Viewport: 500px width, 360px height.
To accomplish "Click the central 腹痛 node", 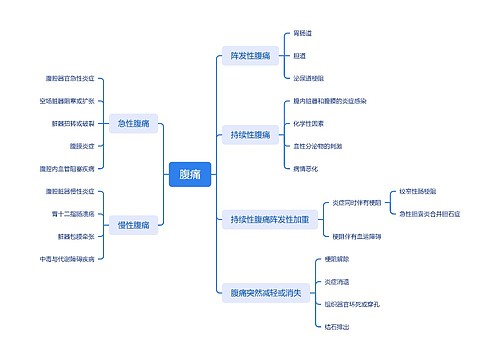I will (x=189, y=175).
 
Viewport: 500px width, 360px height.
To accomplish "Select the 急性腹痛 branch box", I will (x=133, y=124).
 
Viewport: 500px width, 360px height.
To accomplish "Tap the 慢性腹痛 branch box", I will (x=133, y=225).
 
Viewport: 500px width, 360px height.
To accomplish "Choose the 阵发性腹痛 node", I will (x=250, y=55).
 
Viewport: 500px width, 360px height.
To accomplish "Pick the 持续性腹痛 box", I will (x=250, y=135).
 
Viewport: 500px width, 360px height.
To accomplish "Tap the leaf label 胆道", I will (x=300, y=55).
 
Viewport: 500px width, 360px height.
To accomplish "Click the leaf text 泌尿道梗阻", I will (x=308, y=77).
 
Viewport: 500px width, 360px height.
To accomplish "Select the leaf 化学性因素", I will (x=310, y=124).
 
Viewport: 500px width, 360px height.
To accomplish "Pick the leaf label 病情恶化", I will (x=306, y=168).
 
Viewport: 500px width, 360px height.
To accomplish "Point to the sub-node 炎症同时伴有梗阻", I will (x=357, y=201).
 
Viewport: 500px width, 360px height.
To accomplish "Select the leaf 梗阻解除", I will (x=338, y=259).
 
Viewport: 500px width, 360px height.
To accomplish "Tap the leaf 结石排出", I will (x=338, y=325).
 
